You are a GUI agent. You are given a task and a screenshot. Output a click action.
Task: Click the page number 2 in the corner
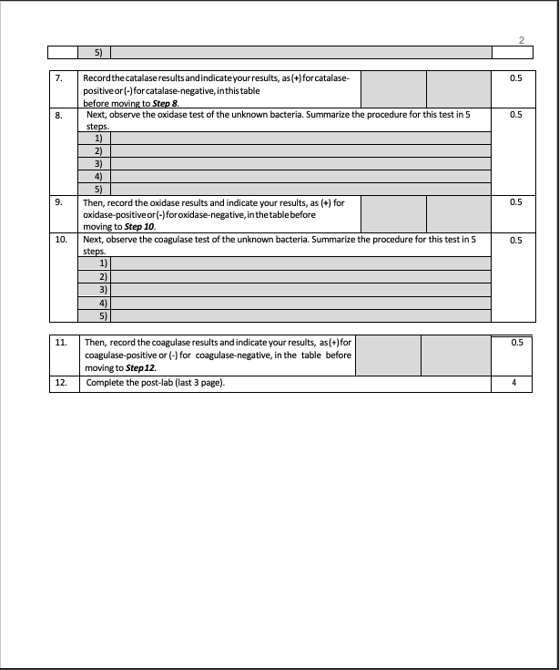tap(521, 39)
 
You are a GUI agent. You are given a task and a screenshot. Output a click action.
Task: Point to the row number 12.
tap(61, 383)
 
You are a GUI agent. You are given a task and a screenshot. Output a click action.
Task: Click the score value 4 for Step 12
tap(515, 383)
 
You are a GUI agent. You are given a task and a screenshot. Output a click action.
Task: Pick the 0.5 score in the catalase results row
tap(516, 79)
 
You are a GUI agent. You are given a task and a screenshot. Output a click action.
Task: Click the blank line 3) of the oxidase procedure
tap(300, 163)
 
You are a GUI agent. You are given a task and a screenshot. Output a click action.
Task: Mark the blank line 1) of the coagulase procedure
tap(300, 262)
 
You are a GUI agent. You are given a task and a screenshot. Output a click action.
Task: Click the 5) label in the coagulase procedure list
tap(104, 315)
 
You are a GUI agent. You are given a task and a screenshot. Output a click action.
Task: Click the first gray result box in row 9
tap(393, 213)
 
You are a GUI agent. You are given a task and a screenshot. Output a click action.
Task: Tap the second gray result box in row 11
tap(454, 355)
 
